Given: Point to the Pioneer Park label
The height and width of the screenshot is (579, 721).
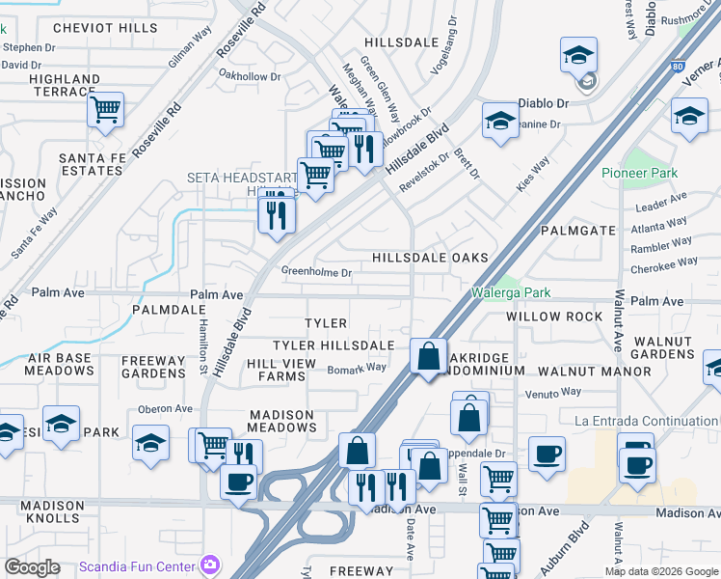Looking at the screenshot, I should click(639, 173).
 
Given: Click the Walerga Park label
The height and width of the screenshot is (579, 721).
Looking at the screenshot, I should click(510, 292).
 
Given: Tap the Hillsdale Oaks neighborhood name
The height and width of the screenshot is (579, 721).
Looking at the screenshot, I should click(431, 258).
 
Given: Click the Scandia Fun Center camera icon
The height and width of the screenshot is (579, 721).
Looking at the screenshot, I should click(209, 565).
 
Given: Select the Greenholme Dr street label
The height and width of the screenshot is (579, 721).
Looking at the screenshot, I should click(317, 273).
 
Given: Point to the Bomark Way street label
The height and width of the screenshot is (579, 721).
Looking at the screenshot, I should click(357, 368).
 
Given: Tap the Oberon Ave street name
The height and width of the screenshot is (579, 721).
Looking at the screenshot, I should click(166, 408).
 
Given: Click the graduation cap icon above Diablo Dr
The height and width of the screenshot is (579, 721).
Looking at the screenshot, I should click(578, 56).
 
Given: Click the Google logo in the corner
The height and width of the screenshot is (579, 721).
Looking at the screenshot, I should click(32, 567).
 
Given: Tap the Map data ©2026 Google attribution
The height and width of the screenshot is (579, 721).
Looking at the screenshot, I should click(660, 571).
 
